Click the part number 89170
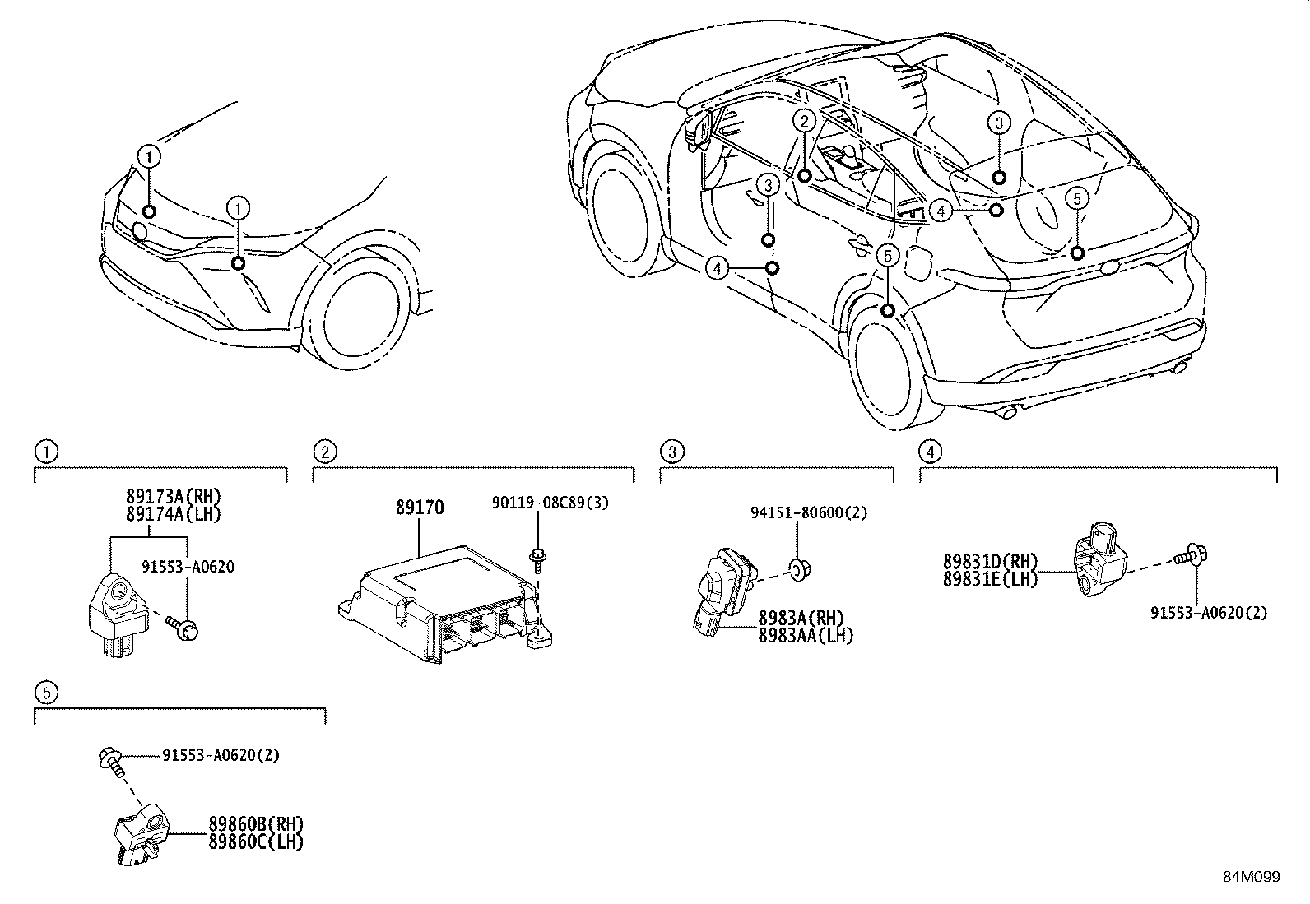pos(419,508)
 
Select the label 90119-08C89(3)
pos(550,503)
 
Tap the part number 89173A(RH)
pos(174,497)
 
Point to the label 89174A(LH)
pos(174,514)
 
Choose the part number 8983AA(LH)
pos(806,635)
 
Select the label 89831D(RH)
pos(990,562)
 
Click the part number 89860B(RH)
pos(256,824)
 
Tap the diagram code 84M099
pos(1251,877)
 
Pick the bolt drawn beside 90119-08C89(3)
pos(539,559)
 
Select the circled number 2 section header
pos(325,451)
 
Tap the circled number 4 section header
pos(930,451)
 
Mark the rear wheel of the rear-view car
pos(887,366)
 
